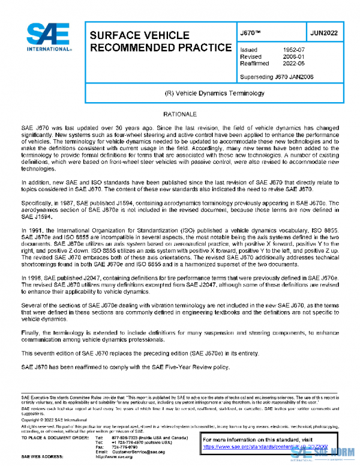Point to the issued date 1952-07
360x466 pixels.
point(293,50)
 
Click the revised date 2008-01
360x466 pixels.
point(293,58)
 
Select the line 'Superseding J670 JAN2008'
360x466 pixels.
point(276,77)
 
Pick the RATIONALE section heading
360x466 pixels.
point(180,113)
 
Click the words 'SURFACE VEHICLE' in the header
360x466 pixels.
point(139,35)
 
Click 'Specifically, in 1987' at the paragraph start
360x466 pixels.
point(49,204)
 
